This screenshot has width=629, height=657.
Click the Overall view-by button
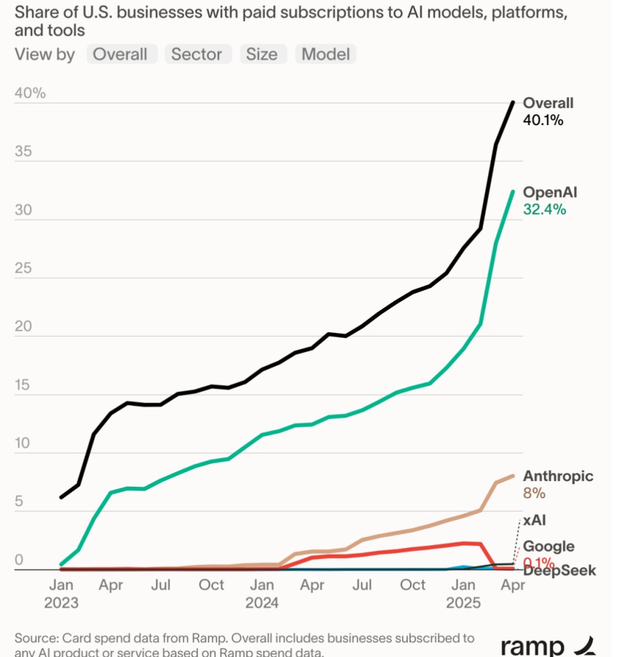point(120,55)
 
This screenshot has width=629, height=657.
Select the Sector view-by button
point(197,55)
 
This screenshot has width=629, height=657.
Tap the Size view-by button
point(262,55)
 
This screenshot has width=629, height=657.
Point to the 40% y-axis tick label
point(30,93)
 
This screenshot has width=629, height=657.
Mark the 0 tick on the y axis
point(18,560)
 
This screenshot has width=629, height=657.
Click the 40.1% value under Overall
point(543,121)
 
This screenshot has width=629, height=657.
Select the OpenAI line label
point(550,192)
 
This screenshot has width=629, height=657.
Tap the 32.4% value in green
point(544,210)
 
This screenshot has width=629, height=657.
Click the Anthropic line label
point(558,476)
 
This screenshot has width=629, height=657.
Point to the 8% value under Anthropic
point(533,493)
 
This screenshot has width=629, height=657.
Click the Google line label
point(548,546)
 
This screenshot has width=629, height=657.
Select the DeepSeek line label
point(559,571)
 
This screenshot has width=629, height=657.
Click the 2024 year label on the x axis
point(262,603)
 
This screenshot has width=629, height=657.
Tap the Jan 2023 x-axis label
point(61,593)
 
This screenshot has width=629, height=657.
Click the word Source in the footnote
point(36,637)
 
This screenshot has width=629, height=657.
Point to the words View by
point(45,55)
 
